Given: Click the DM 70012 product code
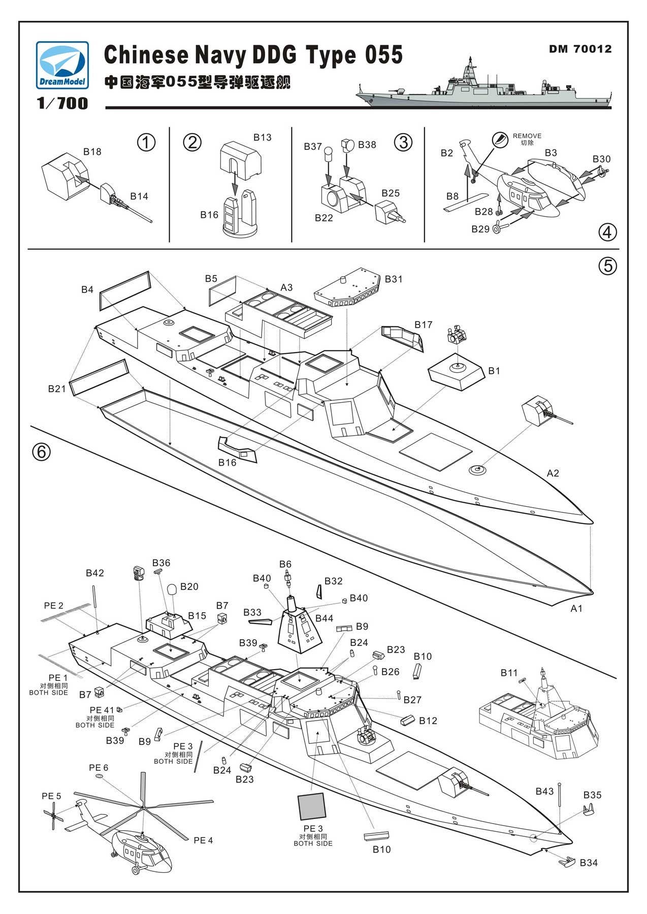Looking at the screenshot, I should point(580,49).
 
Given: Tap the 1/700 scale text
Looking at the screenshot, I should point(62,104).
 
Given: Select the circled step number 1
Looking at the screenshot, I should point(146,143).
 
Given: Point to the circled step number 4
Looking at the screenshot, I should point(607,232).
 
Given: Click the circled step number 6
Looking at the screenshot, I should point(42,451).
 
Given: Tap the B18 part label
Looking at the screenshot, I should point(92,152).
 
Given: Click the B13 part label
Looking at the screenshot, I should point(262,138).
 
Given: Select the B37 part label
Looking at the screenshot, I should point(313,147).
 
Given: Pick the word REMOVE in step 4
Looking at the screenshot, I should point(527,136).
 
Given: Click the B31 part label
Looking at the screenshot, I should point(394,279).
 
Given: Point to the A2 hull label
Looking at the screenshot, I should point(553,473).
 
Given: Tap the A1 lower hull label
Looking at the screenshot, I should point(576,608).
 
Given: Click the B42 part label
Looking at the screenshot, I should point(94,573).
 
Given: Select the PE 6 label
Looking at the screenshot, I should point(99,768).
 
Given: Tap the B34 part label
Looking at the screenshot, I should point(589,863).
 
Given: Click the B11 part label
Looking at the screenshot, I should point(509,673).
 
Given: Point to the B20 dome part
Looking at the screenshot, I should point(172,590).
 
